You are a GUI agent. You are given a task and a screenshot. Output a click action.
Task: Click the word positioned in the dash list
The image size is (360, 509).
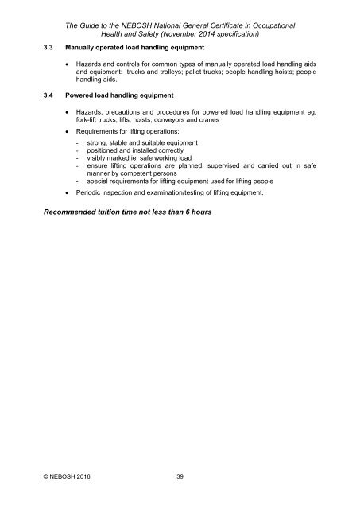pos(94,150)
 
